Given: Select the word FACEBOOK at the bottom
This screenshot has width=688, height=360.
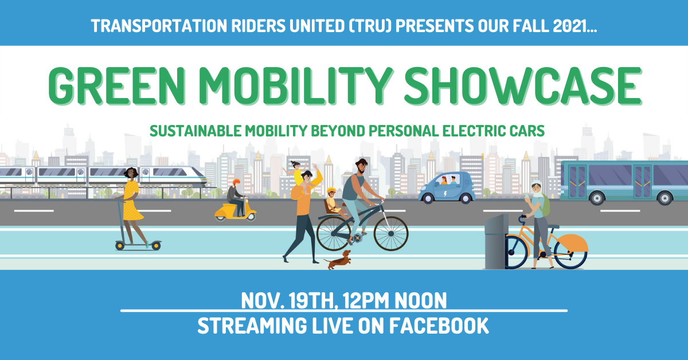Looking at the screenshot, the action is [x=439, y=326].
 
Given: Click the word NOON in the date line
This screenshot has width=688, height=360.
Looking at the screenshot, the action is [x=420, y=300].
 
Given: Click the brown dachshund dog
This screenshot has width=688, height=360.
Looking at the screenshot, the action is [x=338, y=260].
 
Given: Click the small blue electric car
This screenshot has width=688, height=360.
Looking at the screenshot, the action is [x=447, y=188].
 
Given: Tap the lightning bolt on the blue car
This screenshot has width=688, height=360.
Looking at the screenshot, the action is [x=445, y=194].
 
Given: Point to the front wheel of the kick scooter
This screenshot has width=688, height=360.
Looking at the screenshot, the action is [x=156, y=246].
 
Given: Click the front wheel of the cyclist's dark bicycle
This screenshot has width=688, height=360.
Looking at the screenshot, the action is [x=391, y=233].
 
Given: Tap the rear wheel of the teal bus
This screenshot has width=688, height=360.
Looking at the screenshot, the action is [x=665, y=198].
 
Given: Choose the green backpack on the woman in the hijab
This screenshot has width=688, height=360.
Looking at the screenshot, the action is [x=545, y=205].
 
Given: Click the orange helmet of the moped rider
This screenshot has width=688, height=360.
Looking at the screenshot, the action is [x=236, y=182].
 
